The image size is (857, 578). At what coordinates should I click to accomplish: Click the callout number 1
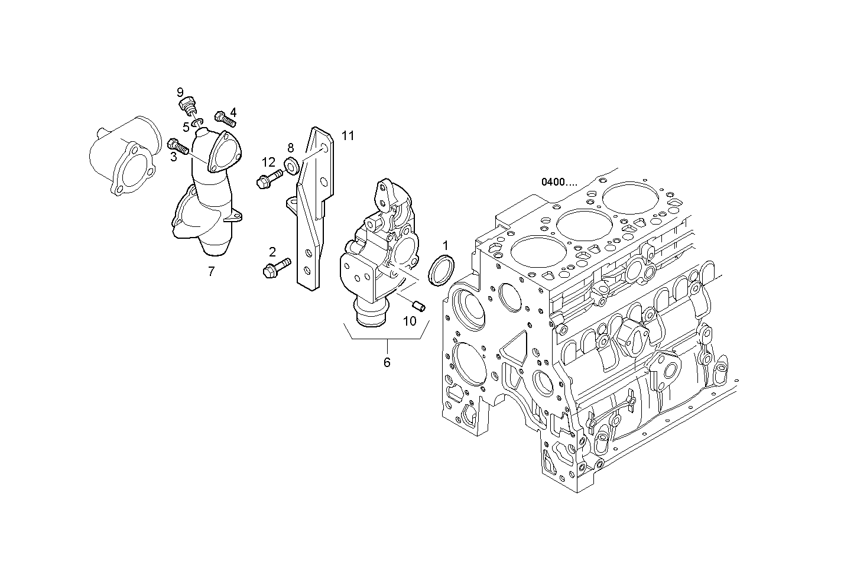coord(446,245)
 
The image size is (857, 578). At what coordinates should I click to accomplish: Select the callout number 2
coord(272,252)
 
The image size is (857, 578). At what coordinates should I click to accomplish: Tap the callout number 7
coord(211,272)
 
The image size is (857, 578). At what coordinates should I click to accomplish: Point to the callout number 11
coord(348,136)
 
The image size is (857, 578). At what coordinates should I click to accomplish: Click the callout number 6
coord(387,362)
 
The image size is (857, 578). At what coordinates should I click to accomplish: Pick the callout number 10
coord(410,321)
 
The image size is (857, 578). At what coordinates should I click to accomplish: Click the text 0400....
coord(559,182)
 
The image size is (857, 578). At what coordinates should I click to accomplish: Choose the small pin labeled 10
coord(418,306)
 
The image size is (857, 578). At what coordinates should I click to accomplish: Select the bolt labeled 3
coord(178,145)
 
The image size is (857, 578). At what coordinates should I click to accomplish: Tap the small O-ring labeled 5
coord(199,122)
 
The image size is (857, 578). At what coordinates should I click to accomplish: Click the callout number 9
coord(180,92)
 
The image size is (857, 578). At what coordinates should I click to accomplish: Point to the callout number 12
coord(269,162)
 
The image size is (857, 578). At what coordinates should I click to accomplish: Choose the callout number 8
coord(290,147)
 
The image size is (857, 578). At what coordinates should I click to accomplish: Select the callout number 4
coord(233,112)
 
